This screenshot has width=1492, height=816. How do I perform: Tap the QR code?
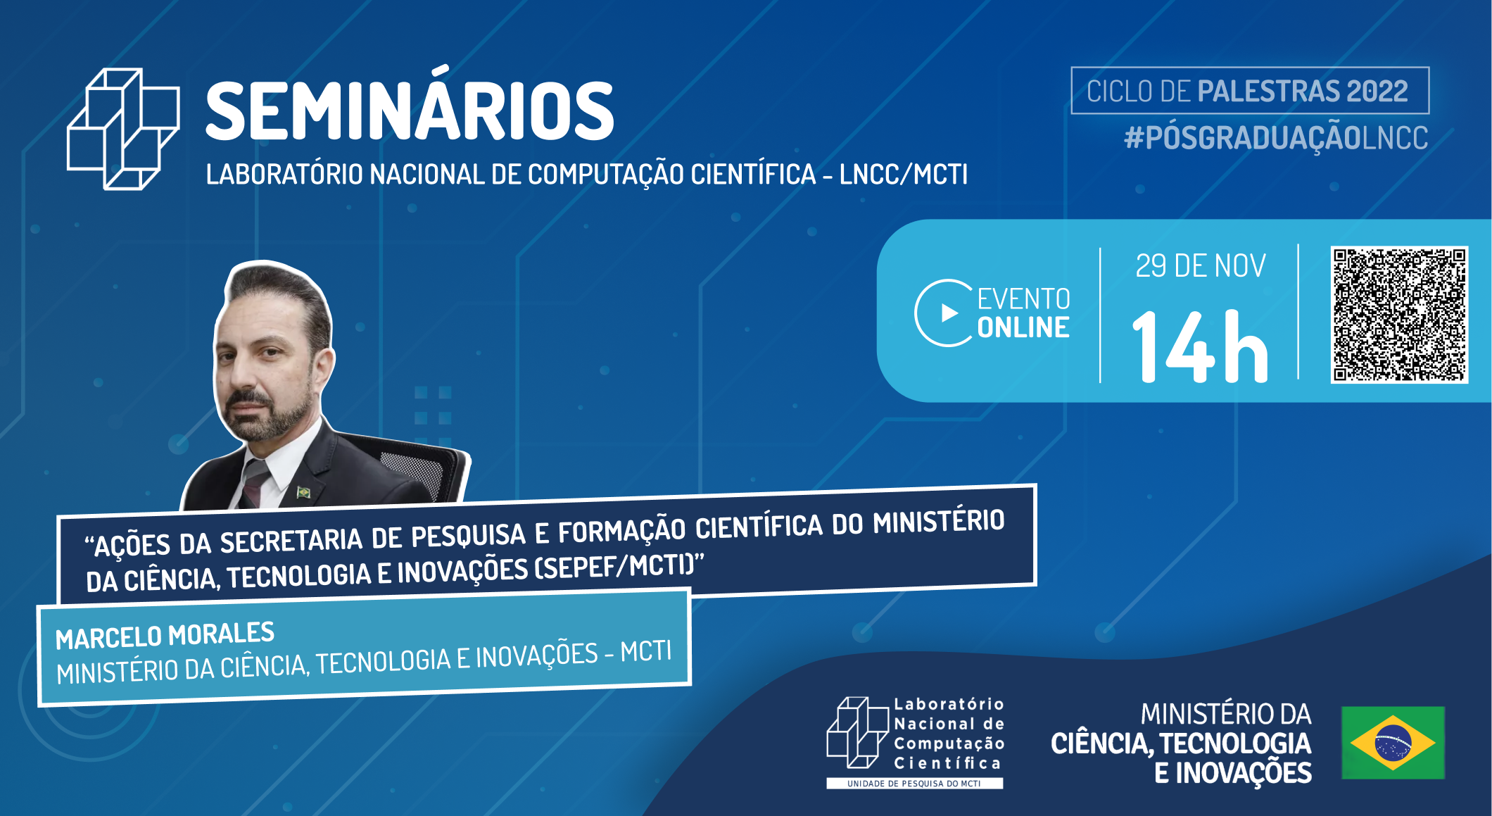1399,315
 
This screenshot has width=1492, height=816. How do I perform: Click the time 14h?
1200,347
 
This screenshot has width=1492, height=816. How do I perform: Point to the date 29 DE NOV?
1200,266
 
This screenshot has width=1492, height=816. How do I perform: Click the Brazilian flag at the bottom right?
1393,743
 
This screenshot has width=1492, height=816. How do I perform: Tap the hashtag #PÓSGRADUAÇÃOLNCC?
1275,138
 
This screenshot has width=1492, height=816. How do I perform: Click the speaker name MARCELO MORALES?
165,635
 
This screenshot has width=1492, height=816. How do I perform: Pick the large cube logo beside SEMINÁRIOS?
123,129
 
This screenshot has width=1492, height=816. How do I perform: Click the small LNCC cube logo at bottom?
856,733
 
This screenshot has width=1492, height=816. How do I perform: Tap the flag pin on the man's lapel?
303,491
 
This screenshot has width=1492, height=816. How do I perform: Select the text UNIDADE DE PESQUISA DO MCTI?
913,784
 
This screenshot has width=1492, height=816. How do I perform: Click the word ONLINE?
1023,328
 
